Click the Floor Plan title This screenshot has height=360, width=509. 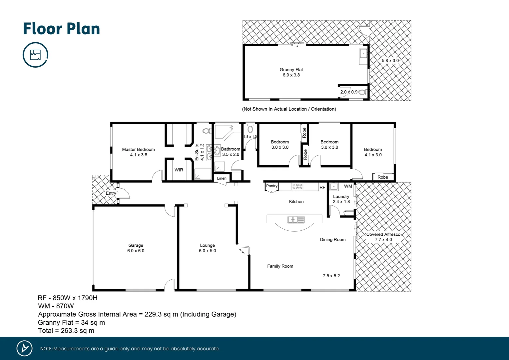pos(61,29)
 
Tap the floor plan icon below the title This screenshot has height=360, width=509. pos(35,55)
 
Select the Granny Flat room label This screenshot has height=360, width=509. pos(291,70)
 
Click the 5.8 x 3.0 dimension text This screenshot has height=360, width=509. pos(390,61)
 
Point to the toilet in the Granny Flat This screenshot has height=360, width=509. pos(362,92)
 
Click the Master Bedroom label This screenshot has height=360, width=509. pos(138,150)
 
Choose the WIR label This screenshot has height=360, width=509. pos(179,170)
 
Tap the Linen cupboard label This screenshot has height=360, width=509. pos(222,178)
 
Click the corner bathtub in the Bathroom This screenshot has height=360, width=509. pos(224,131)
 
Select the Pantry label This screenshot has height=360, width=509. pos(271,186)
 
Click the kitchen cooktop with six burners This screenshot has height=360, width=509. pos(297,187)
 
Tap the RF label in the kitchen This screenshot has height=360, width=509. pos(322,188)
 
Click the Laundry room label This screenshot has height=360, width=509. pos(341,197)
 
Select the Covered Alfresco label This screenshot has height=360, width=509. pos(383,234)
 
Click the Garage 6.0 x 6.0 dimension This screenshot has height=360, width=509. pos(136,251)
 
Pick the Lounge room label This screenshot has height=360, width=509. pos(207,245)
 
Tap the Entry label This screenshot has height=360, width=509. pos(111,193)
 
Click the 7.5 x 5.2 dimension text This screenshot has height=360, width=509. pos(331,276)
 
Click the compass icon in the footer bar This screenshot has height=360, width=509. pos(25,348)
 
